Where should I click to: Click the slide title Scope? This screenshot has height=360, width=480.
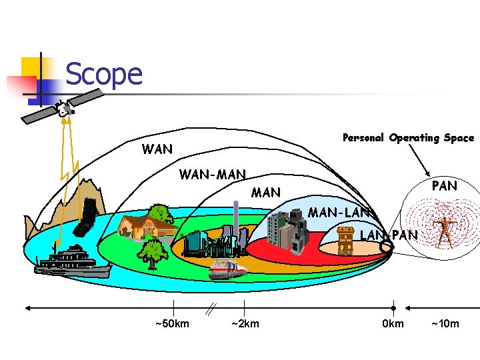click(x=104, y=74)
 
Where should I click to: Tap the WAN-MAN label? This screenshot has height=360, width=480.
click(x=213, y=175)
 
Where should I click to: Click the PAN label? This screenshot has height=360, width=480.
click(x=444, y=186)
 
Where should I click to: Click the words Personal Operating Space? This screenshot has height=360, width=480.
click(x=408, y=138)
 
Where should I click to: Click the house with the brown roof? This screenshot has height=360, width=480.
click(x=143, y=224)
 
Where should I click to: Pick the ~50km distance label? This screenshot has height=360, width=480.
click(x=172, y=324)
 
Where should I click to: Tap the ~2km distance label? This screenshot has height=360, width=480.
click(x=245, y=324)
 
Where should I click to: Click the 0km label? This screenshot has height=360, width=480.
click(x=393, y=324)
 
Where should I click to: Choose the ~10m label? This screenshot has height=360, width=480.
click(x=445, y=324)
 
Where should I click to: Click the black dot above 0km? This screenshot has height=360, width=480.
click(x=393, y=308)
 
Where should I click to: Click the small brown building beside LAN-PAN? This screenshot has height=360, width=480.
click(x=345, y=239)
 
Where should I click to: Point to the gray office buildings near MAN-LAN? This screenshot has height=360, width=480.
click(x=287, y=229)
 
